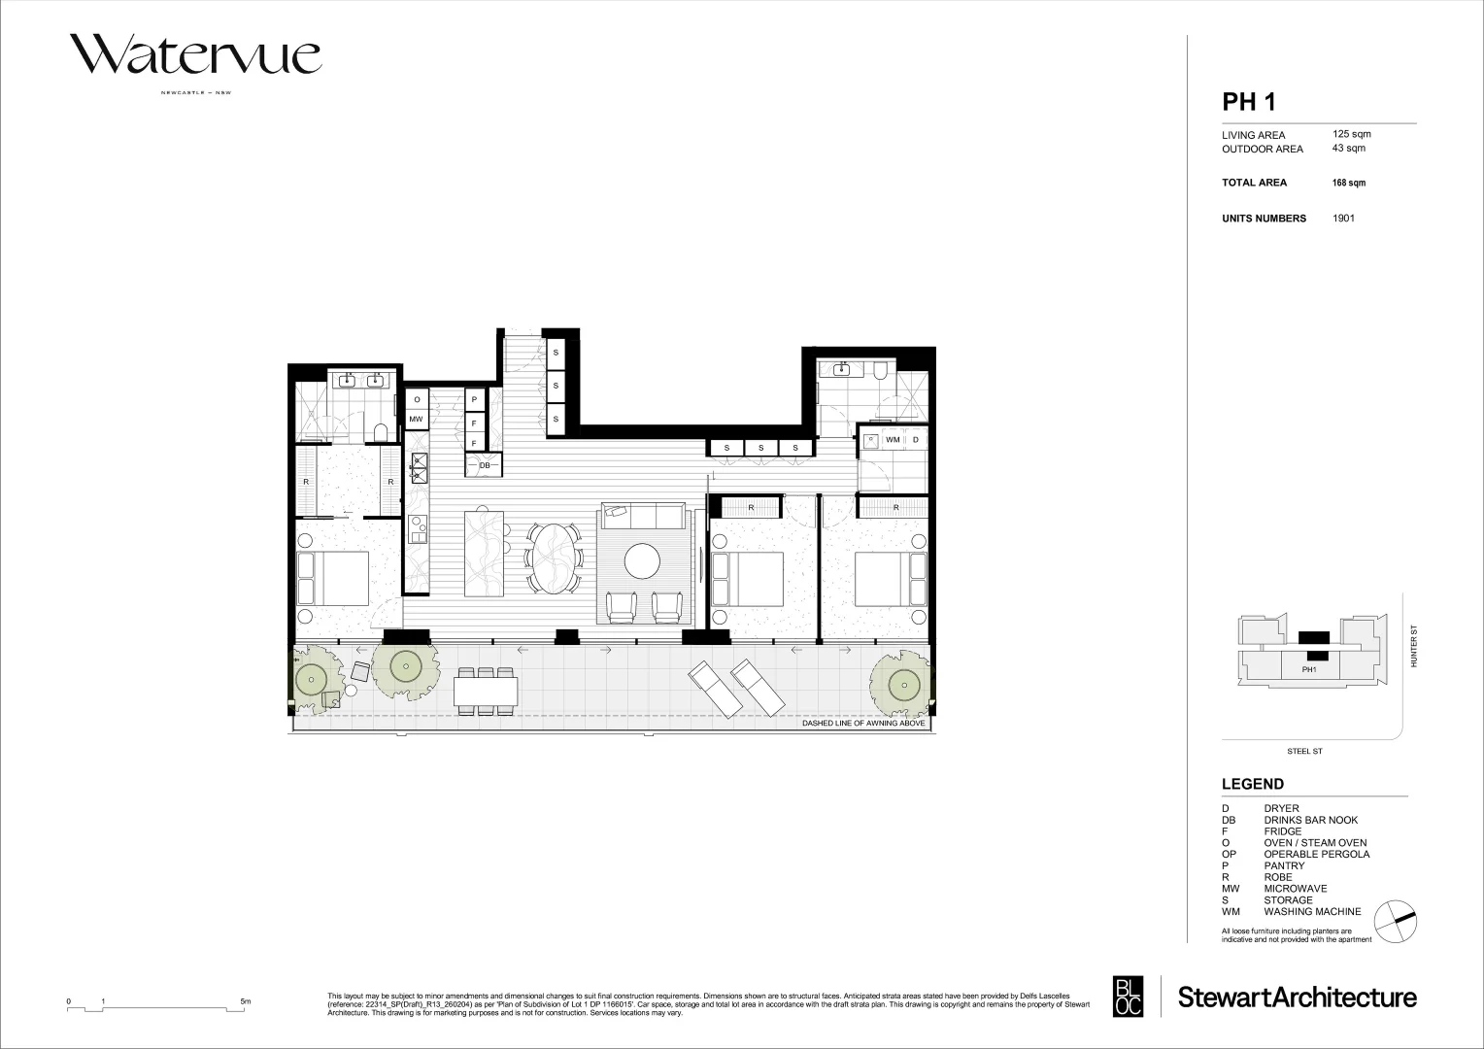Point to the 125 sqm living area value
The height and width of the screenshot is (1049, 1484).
click(1351, 134)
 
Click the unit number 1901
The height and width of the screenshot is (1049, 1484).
click(1343, 219)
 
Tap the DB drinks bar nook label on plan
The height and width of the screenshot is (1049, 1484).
click(484, 466)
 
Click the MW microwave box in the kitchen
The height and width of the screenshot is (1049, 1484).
click(417, 420)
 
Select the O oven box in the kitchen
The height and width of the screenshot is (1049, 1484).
click(417, 399)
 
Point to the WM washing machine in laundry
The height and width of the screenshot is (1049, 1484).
click(893, 440)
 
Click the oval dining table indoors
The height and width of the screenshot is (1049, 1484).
click(555, 558)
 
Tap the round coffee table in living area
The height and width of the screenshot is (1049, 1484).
click(642, 559)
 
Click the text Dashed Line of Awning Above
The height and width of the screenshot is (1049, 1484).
click(863, 725)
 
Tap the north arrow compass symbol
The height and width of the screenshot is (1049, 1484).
click(1401, 917)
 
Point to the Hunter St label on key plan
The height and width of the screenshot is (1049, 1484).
click(1415, 646)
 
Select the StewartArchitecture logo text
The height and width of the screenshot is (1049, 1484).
click(1297, 997)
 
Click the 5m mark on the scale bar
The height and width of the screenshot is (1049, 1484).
click(245, 1001)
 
